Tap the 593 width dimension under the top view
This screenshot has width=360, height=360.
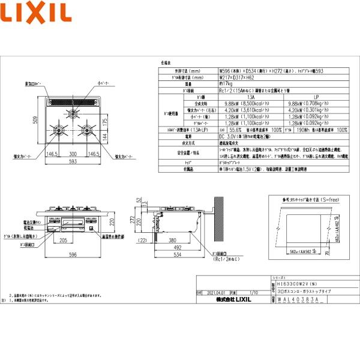pos(73,161)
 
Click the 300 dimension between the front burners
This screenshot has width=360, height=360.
pos(73,154)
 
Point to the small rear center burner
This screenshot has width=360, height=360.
pos(73,112)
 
